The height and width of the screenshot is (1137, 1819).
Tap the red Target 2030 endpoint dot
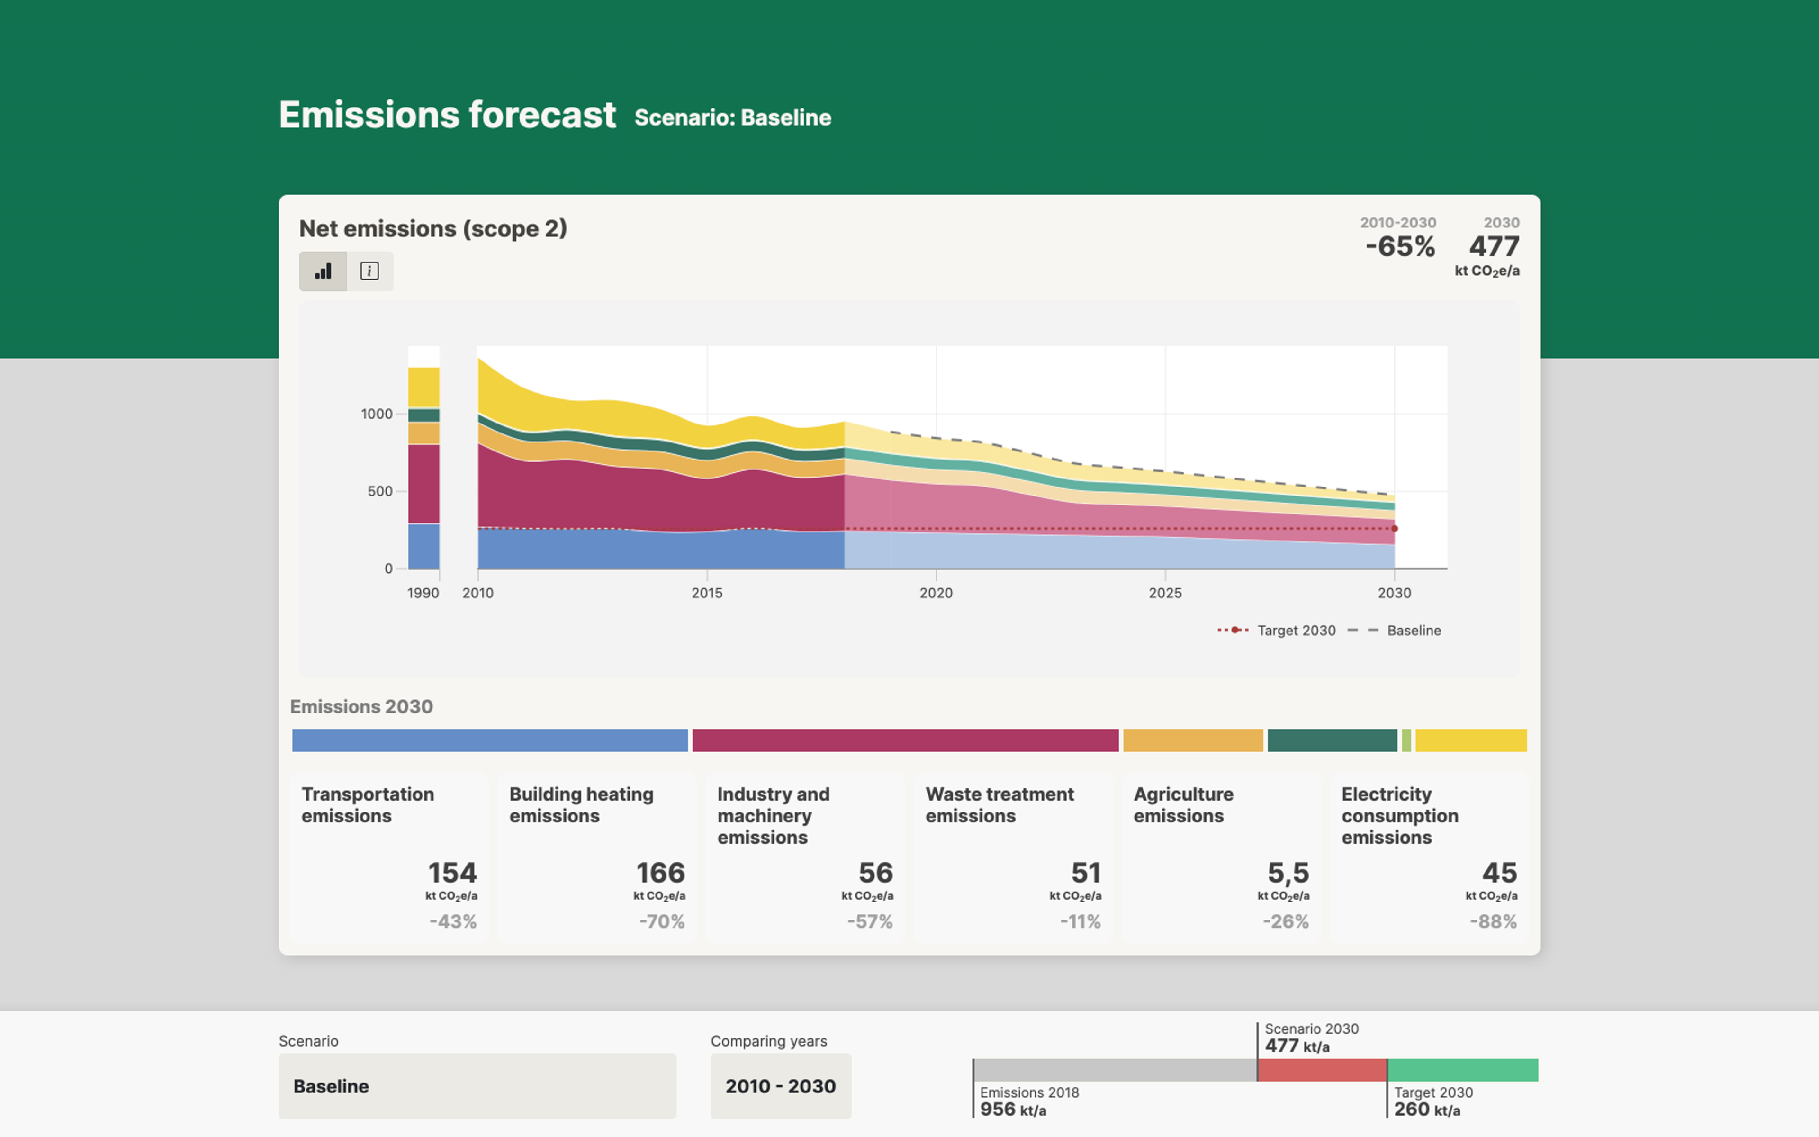[1394, 529]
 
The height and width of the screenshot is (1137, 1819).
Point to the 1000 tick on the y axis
[377, 414]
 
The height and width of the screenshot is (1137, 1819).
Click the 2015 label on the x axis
[707, 593]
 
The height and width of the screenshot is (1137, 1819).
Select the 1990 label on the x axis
[423, 593]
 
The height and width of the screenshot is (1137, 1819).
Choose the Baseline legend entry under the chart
[1394, 630]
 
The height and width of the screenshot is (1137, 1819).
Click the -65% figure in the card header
[1400, 247]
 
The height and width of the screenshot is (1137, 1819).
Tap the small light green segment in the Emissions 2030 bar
[1406, 740]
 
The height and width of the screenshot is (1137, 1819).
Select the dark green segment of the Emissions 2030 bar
[1332, 740]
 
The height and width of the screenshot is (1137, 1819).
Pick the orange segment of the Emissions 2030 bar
[1193, 740]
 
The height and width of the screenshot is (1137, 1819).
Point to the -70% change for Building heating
[661, 921]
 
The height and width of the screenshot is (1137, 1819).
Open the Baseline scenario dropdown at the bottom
[477, 1086]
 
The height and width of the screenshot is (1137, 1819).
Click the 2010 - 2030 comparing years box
[781, 1086]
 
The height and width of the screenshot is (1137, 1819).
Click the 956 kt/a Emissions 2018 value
[1012, 1109]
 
